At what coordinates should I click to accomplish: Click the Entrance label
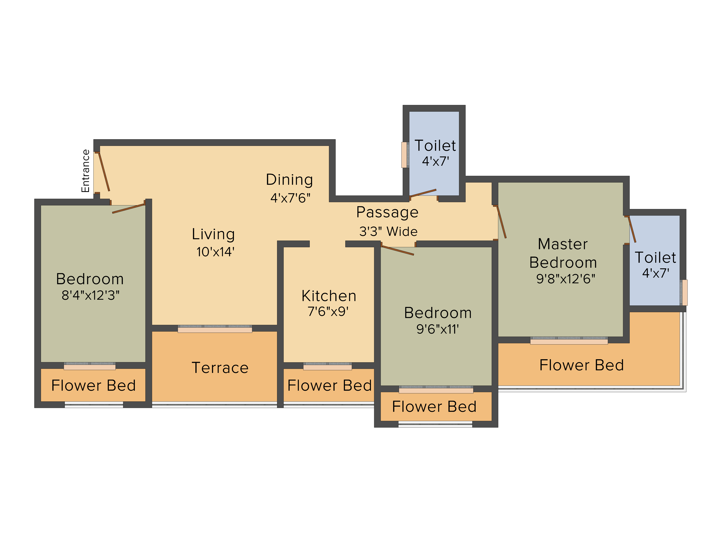(86, 171)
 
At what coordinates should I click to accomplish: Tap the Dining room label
(290, 180)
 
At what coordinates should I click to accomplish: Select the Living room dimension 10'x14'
(215, 252)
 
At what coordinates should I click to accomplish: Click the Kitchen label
(329, 296)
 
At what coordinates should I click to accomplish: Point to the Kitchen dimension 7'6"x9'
(328, 311)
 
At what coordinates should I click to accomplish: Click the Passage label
(387, 212)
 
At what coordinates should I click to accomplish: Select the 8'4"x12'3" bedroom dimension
(90, 295)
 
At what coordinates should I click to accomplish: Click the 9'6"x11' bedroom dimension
(438, 329)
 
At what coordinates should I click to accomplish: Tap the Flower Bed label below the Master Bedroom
(582, 365)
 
